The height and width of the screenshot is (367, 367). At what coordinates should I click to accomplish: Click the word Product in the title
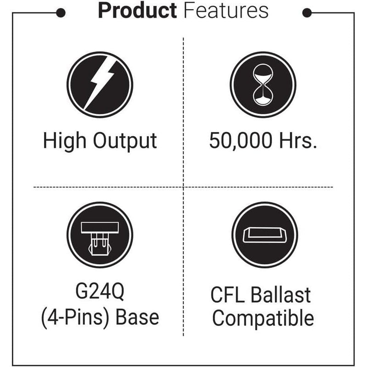(x=137, y=11)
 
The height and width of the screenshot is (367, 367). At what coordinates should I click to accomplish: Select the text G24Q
(x=100, y=293)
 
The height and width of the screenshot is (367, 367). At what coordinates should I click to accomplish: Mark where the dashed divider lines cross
(x=183, y=187)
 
